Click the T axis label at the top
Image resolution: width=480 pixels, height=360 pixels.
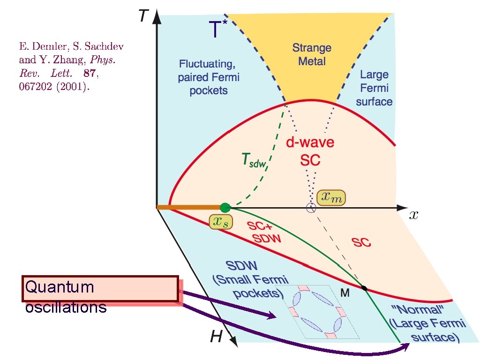143,16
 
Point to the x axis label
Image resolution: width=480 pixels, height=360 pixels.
413,215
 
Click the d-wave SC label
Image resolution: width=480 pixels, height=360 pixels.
310,150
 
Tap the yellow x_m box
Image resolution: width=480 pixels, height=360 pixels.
331,198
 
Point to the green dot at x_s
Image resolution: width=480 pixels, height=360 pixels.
225,207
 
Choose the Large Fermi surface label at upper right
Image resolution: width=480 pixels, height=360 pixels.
374,88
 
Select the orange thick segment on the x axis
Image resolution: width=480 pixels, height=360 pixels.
189,207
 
